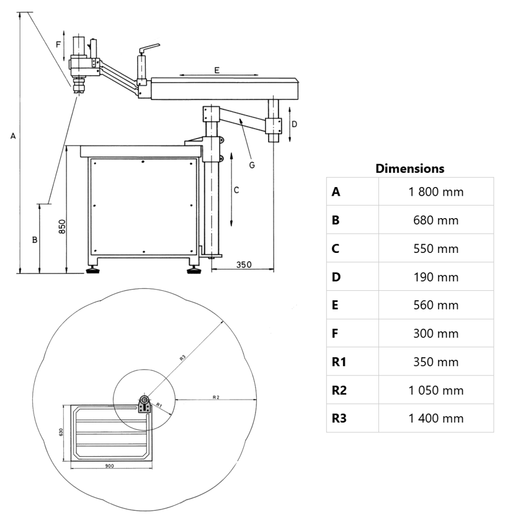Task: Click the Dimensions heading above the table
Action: [x=409, y=168]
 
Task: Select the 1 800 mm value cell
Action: [x=436, y=191]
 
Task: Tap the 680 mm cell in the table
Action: [x=436, y=220]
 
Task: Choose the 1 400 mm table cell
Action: [x=436, y=418]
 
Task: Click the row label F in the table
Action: [x=335, y=333]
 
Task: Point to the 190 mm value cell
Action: [x=436, y=277]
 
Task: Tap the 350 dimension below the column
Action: [x=243, y=265]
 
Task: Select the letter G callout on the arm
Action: [x=251, y=165]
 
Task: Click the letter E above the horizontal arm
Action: [x=217, y=70]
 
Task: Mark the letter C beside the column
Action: [x=236, y=191]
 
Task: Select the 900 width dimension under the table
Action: [x=109, y=465]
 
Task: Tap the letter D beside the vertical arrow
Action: [x=295, y=124]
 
